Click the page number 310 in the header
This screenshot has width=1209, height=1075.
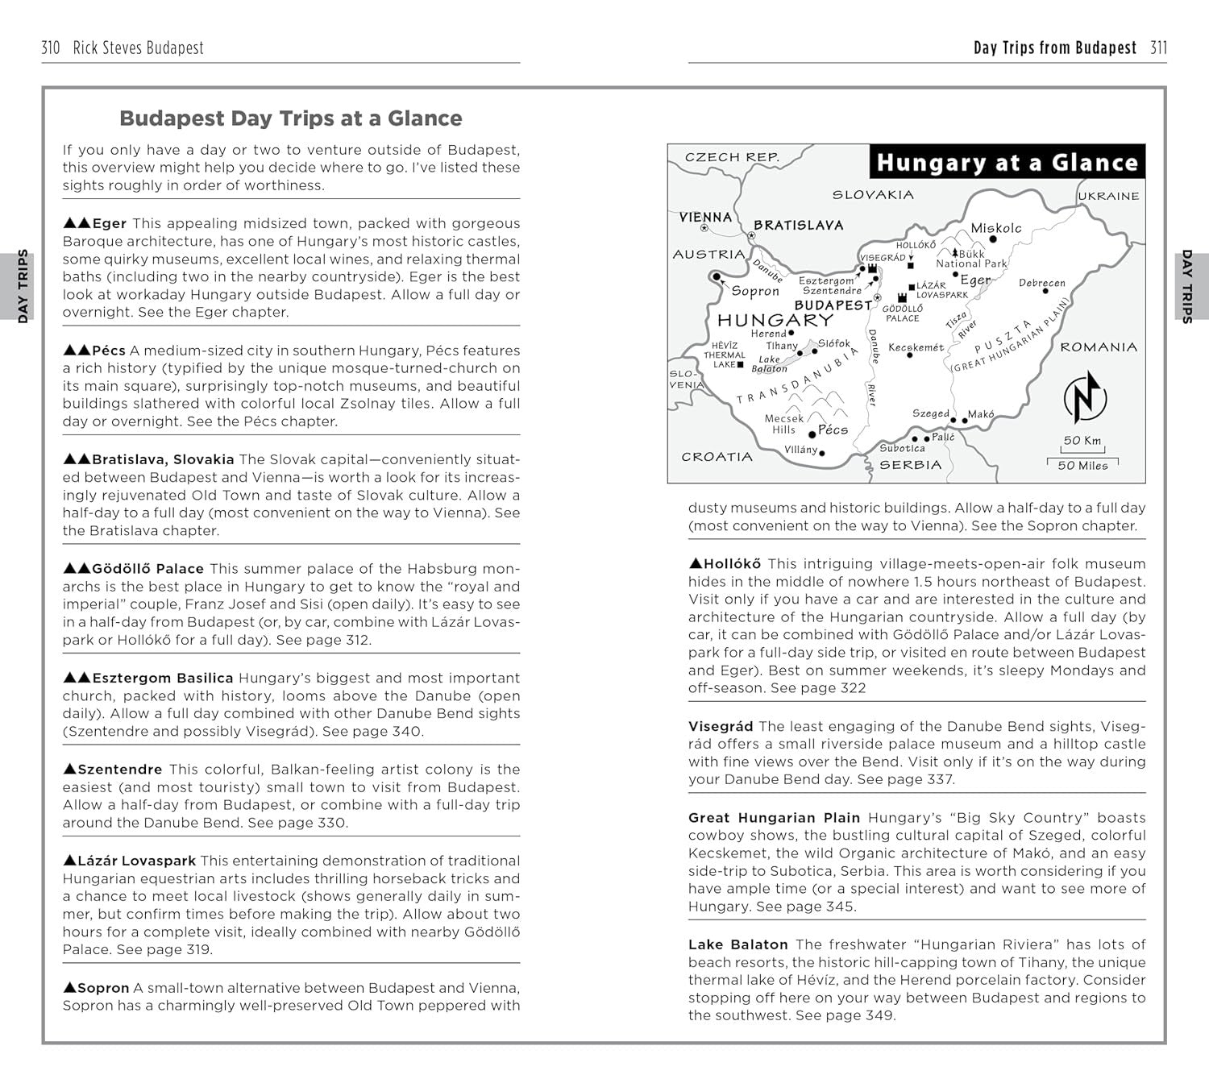pyautogui.click(x=51, y=48)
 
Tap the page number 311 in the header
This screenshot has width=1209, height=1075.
pyautogui.click(x=1158, y=48)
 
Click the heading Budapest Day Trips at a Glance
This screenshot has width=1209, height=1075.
pyautogui.click(x=290, y=118)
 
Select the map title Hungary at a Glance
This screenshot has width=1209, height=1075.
pyautogui.click(x=1007, y=162)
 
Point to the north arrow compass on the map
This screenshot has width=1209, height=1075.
pyautogui.click(x=1085, y=397)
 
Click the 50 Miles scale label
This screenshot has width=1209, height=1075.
pyautogui.click(x=1082, y=465)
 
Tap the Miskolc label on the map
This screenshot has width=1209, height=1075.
pyautogui.click(x=995, y=228)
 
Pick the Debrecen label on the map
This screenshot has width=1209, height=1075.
pyautogui.click(x=1041, y=283)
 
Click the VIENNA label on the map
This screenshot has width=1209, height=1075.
pyautogui.click(x=705, y=217)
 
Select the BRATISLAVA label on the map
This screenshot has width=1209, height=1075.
pyautogui.click(x=798, y=226)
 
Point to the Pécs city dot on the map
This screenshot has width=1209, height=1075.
pyautogui.click(x=812, y=434)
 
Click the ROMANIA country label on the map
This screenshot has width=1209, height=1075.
pyautogui.click(x=1098, y=347)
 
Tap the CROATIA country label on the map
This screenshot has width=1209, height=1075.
pyautogui.click(x=717, y=457)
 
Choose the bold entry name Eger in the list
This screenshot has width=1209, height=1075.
pyautogui.click(x=109, y=224)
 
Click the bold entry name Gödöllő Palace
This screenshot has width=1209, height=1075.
pyautogui.click(x=147, y=569)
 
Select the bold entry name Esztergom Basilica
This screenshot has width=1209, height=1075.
pyautogui.click(x=162, y=679)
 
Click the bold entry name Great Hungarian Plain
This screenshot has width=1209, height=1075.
pyautogui.click(x=774, y=818)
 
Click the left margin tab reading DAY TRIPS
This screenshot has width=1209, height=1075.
pyautogui.click(x=23, y=286)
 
